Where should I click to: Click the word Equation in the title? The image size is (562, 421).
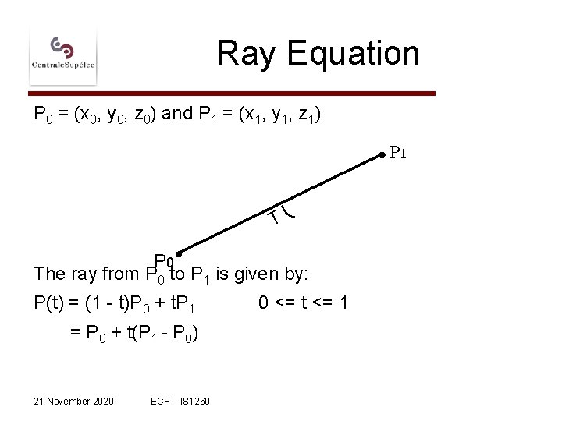click(354, 54)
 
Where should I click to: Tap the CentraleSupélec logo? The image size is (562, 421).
click(63, 53)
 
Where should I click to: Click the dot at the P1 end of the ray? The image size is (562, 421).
click(382, 156)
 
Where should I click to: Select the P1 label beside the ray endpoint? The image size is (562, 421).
click(398, 153)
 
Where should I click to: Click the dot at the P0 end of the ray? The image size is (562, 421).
click(180, 254)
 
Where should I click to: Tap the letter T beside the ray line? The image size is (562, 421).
click(274, 217)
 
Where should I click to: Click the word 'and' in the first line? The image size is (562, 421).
click(178, 115)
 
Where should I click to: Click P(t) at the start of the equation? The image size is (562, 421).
click(51, 303)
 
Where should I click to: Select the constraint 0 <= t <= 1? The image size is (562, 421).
click(303, 303)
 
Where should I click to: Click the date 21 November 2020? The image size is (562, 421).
click(74, 401)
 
